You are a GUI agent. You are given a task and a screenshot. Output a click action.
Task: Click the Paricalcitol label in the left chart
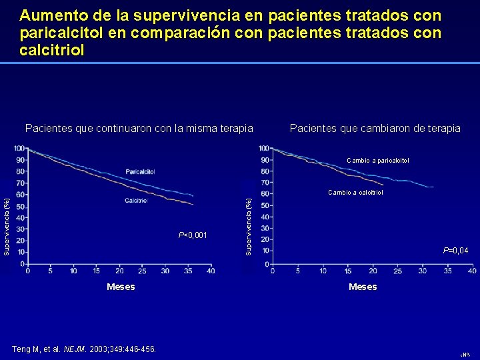(x=140, y=171)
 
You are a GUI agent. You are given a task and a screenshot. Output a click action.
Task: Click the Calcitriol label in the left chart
(x=136, y=201)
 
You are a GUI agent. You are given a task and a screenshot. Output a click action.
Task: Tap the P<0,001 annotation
(x=193, y=235)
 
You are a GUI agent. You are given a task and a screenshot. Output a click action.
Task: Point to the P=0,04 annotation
(x=455, y=251)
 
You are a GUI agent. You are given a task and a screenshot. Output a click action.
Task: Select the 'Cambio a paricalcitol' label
(x=378, y=161)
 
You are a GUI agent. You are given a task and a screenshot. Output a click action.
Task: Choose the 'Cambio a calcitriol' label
(x=355, y=193)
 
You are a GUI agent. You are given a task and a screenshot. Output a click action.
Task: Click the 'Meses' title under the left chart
(x=121, y=287)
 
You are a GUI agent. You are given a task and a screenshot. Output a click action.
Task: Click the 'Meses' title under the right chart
(x=363, y=287)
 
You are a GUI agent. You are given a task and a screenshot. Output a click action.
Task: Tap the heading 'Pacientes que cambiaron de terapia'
(x=375, y=128)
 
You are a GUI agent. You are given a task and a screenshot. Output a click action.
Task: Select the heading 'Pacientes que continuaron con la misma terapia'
(x=139, y=128)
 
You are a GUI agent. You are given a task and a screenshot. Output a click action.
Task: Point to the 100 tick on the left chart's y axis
(x=20, y=148)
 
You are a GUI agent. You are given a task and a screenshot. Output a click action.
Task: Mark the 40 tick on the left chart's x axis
(x=211, y=271)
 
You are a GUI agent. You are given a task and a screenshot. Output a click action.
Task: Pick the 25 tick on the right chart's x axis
(x=398, y=271)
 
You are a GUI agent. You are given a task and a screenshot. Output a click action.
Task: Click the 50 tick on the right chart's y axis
(x=265, y=205)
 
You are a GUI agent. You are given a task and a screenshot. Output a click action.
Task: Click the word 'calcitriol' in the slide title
(x=52, y=51)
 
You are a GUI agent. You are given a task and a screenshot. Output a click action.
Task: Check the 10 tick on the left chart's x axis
(x=74, y=271)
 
